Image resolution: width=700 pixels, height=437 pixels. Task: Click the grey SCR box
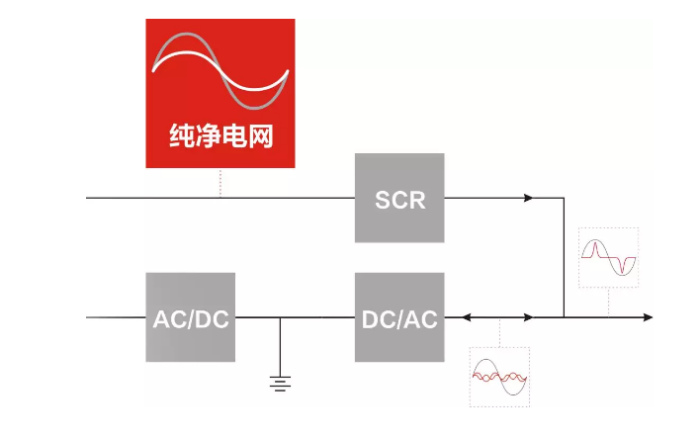pos(399,198)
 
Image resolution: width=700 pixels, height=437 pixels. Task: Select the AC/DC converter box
pos(190,317)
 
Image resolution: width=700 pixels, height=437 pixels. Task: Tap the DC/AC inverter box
pos(399,317)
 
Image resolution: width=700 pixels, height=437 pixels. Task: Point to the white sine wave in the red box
pos(219,69)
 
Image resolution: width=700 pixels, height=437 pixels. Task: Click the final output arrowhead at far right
pos(647,317)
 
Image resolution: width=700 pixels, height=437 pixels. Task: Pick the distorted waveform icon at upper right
pos(608,257)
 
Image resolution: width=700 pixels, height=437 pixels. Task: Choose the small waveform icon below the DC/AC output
pos(499,377)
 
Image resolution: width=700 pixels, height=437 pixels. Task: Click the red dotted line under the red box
pos(219,183)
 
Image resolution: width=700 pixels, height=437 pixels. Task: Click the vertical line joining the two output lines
pos(564,257)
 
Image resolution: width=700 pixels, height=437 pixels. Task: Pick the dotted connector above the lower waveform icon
pos(499,332)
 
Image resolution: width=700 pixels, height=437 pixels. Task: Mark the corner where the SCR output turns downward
pos(564,198)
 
